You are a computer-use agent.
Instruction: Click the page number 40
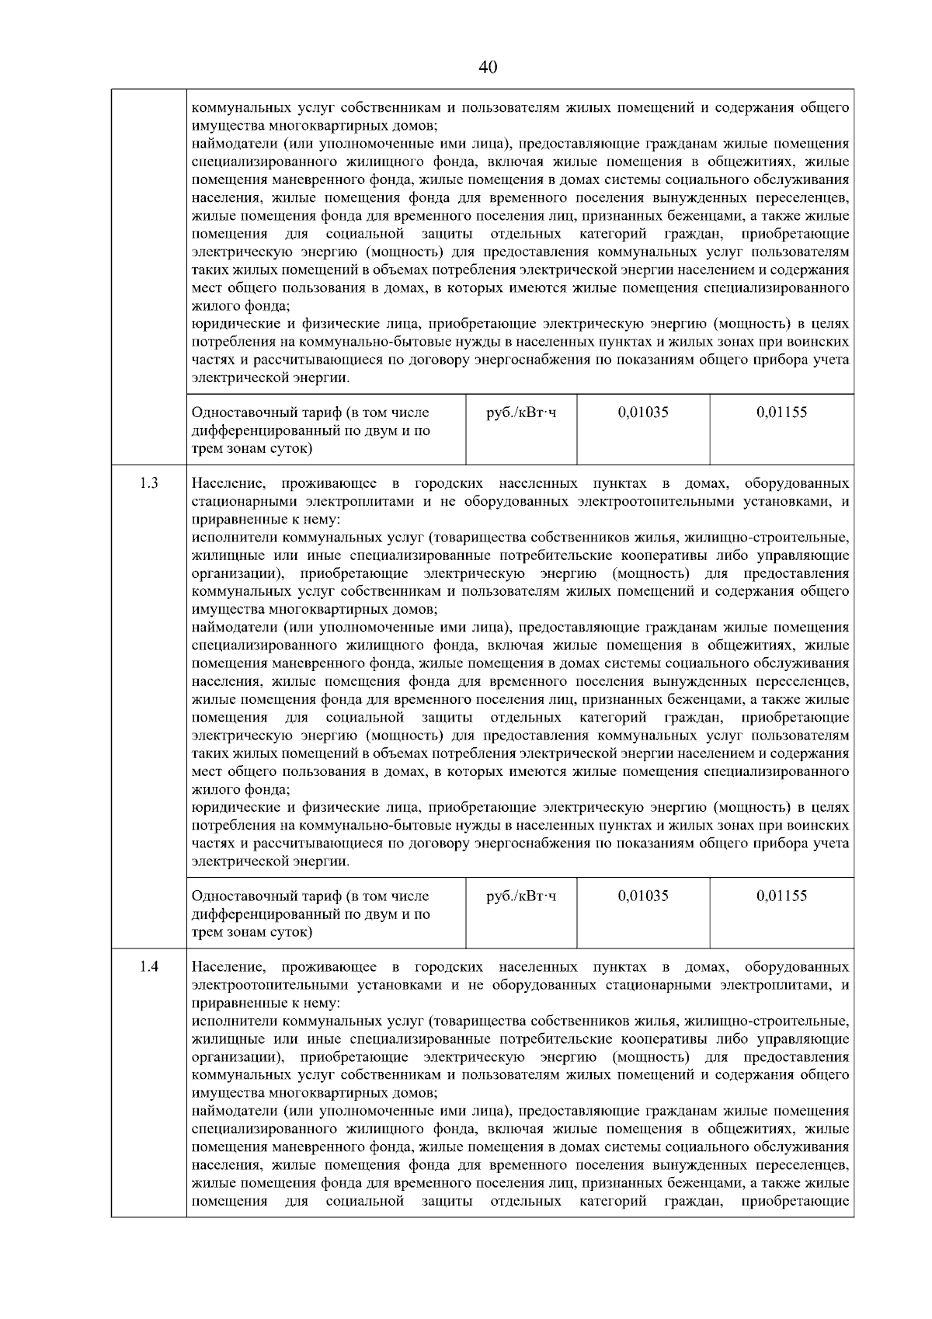(x=488, y=67)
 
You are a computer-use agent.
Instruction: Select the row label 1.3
(x=149, y=483)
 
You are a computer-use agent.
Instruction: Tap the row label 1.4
(x=149, y=967)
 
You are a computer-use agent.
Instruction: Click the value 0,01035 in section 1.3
(x=643, y=896)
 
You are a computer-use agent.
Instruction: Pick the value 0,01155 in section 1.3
(x=781, y=896)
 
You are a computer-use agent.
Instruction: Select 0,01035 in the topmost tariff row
(x=643, y=412)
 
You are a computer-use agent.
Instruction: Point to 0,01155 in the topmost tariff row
(x=781, y=412)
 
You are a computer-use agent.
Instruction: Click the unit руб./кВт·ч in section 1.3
(x=520, y=896)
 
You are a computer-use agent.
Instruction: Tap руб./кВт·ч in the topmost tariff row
(x=520, y=412)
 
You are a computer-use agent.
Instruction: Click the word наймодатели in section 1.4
(x=233, y=1111)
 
